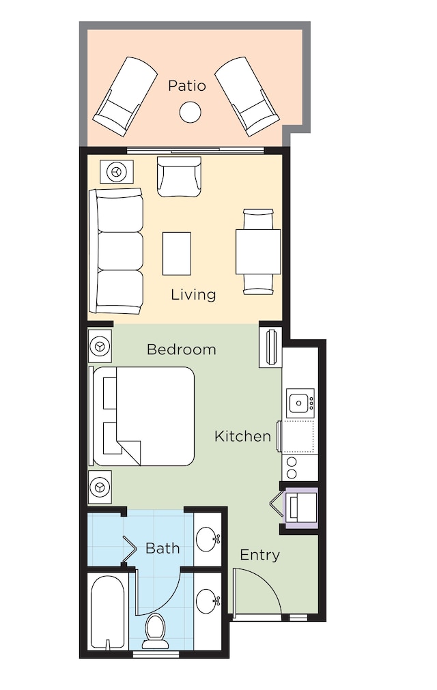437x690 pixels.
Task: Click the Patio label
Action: pos(187,85)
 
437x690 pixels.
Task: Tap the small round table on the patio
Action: pos(190,112)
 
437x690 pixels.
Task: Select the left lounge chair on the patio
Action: pos(125,96)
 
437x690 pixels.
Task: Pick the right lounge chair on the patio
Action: pos(247,96)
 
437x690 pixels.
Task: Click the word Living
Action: pos(193,294)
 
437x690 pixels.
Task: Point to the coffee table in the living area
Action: pos(177,253)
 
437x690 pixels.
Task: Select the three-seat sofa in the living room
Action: pos(116,251)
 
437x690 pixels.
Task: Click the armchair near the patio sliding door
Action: pos(179,177)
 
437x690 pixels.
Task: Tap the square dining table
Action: pos(258,252)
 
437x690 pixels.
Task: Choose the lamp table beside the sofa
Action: pos(117,171)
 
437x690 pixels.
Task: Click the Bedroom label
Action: pos(182,349)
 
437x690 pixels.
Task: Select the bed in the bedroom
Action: pos(142,416)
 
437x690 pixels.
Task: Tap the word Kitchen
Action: pos(242,436)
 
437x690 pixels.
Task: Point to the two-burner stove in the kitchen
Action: pos(292,468)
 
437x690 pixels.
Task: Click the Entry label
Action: pos(259,555)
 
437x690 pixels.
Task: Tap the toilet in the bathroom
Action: pos(155,631)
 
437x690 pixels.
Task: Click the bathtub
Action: pos(108,612)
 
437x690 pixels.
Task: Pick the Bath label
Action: pos(163,548)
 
